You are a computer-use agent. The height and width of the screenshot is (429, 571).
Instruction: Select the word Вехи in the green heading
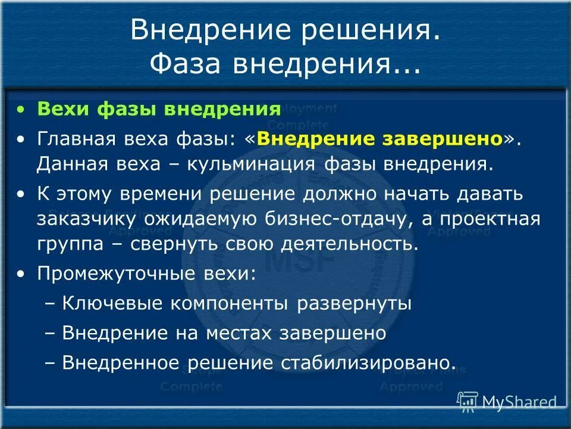[x=61, y=110]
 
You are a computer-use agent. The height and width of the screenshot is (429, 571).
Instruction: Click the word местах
[x=240, y=333]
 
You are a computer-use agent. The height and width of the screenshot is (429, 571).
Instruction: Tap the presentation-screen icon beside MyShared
[x=468, y=402]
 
